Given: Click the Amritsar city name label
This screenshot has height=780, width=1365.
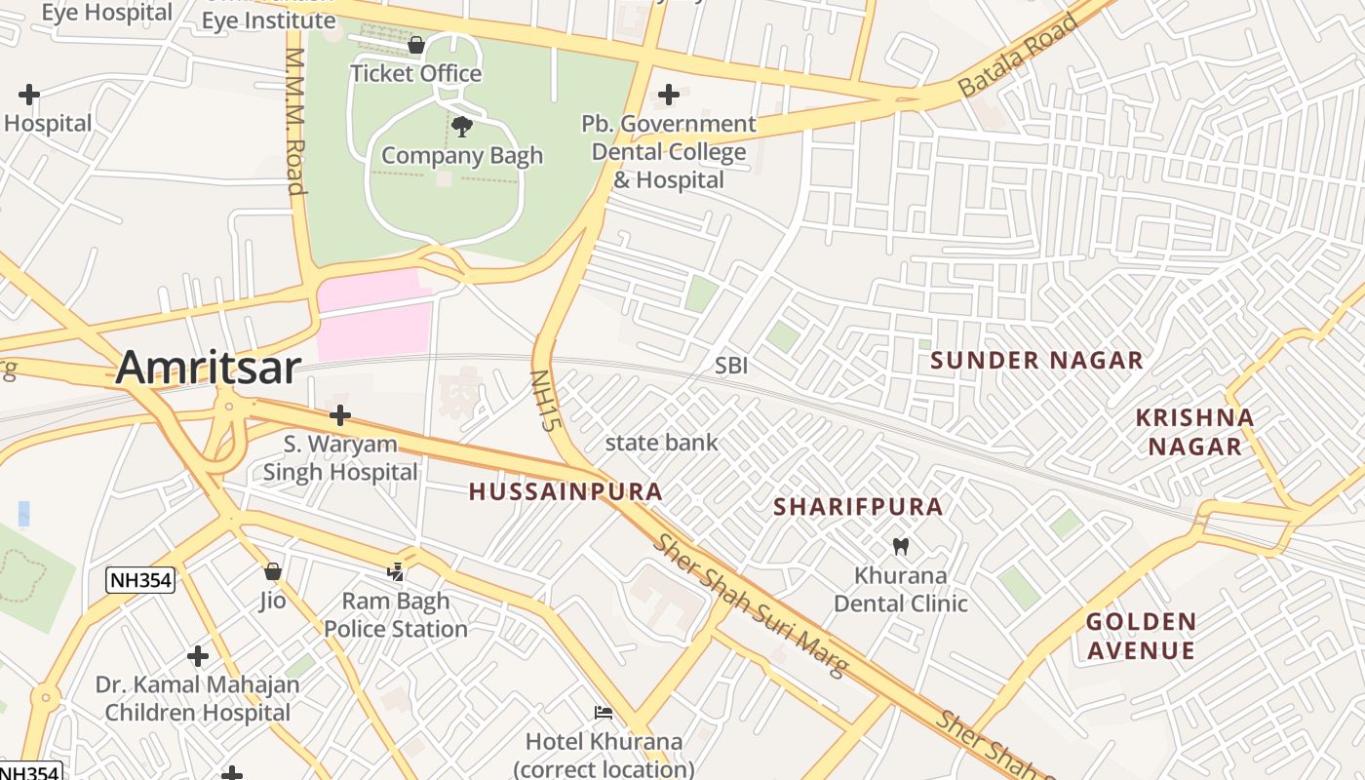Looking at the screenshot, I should coord(209,369).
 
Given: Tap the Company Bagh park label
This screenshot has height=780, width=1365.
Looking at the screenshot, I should coord(462,155).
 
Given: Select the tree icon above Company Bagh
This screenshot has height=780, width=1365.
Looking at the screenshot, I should coord(462,126).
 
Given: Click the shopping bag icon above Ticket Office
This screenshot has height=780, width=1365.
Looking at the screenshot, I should coord(416,45).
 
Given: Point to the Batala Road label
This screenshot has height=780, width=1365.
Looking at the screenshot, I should coord(1019,55).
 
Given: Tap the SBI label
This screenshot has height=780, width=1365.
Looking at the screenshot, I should coord(731,366).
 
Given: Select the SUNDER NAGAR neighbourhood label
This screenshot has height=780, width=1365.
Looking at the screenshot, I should coord(1036,361).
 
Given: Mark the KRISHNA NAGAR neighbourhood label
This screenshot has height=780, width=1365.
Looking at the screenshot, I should coord(1194,432).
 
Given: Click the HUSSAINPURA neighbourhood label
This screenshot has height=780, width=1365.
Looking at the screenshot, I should coord(565,492).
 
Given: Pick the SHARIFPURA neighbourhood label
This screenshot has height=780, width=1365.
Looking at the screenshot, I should coord(858,507).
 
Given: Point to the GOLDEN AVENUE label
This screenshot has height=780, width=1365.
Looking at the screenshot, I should coord(1141,636).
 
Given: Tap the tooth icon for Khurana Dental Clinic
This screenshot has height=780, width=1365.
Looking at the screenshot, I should coord(900,547).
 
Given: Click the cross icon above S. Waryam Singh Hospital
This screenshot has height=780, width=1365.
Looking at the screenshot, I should coord(339,416).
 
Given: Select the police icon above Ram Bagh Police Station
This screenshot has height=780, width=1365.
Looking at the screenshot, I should coord(396,571).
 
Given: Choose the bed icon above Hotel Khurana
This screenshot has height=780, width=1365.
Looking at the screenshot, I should coord(604,713).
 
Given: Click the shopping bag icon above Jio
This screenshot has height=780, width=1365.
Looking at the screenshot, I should coord(273,571).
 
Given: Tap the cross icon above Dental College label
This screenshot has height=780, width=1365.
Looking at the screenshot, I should coord(668,95).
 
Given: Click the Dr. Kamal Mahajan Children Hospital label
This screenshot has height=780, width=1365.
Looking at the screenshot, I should coord(198,698).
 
